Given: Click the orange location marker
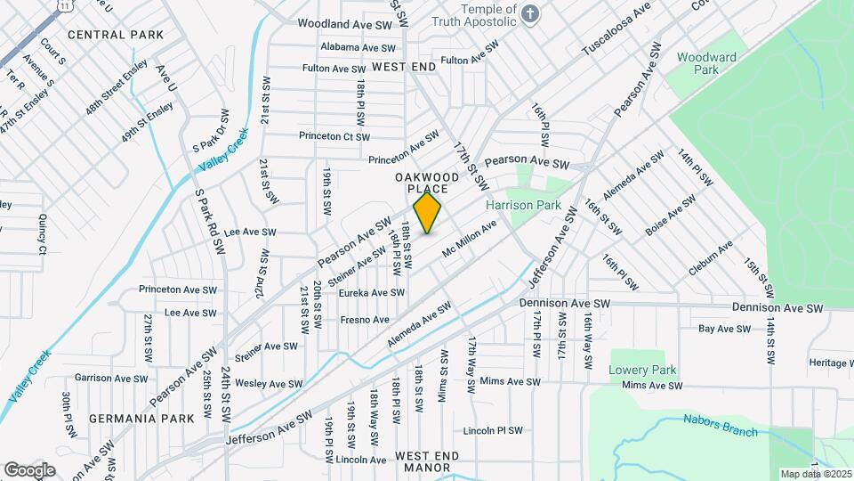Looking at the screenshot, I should (x=428, y=213).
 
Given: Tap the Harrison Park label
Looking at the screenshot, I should (x=523, y=205).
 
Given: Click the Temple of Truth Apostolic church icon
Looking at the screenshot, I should (x=530, y=14).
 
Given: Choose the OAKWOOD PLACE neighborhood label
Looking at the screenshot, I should (x=427, y=183).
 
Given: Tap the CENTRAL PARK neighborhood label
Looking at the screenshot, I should (x=116, y=35).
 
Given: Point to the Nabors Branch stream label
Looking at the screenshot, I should (x=721, y=426).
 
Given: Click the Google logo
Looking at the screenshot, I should (x=29, y=469).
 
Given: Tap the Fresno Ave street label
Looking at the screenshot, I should (x=365, y=320).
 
